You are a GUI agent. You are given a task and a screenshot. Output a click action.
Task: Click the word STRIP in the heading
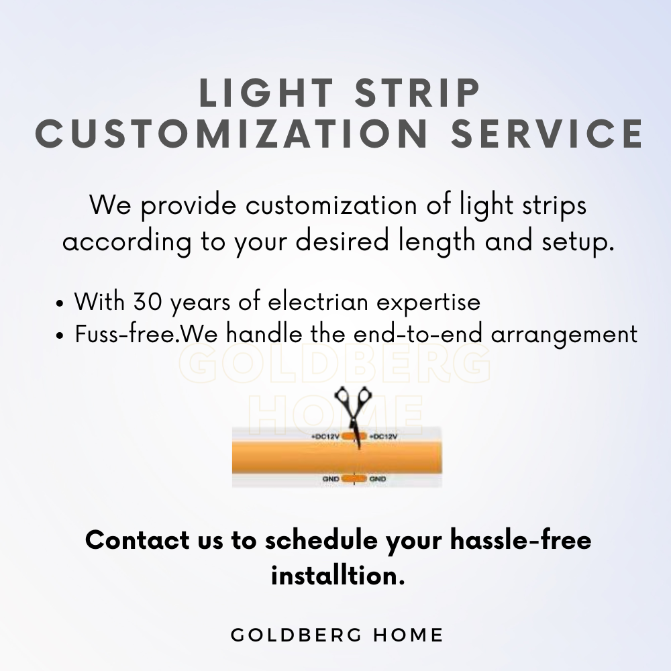pos(417,93)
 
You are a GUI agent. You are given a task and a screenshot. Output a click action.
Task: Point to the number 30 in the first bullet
pos(148,301)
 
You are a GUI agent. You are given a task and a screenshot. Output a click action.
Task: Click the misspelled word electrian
pos(318,301)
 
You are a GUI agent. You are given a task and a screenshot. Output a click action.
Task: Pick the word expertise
pos(428,303)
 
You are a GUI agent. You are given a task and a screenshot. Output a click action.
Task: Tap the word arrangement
pos(564,335)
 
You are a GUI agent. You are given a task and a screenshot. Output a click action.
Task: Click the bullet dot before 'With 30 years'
pos(60,304)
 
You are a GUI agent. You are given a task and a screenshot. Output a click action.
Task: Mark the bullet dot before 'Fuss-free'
pos(60,336)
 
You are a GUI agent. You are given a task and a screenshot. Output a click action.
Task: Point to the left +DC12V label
pos(325,437)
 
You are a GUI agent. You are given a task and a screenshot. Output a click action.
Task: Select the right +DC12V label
pos(383,437)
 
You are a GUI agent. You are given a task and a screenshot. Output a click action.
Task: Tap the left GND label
pos(331,479)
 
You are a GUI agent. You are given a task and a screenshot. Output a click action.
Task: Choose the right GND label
pos(378,479)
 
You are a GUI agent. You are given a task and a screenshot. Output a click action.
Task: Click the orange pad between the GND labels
pos(354,478)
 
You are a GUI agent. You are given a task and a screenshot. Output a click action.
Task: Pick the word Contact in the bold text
pos(138,540)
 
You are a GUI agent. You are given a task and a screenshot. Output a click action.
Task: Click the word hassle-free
pos(521,540)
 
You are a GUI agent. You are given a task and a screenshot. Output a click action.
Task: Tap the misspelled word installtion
pos(338,576)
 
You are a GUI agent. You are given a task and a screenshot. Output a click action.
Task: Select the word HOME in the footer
pos(408,635)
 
